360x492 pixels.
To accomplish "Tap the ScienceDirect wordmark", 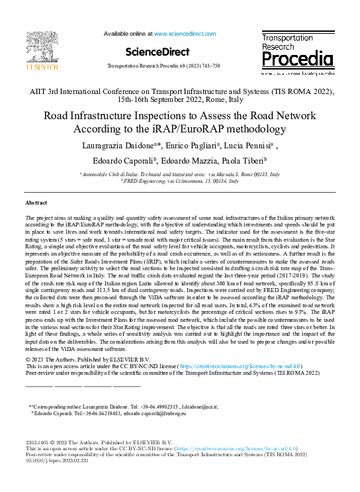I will point(156,52).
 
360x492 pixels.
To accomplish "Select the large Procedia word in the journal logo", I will point(296,60).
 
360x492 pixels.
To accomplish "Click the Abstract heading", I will point(36,201).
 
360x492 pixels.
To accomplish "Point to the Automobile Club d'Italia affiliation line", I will point(179,173).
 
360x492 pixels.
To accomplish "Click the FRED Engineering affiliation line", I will point(179,180).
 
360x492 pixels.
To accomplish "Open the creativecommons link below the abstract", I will point(244,366).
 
